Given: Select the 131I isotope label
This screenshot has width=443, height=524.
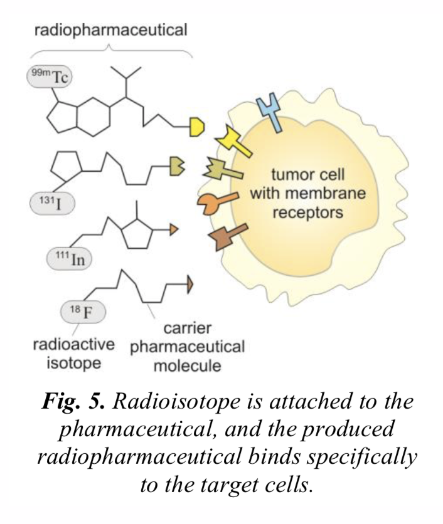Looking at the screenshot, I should (51, 202).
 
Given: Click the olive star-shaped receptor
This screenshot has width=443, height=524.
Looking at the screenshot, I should (220, 169).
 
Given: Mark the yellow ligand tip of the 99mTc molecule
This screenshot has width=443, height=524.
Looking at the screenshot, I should (197, 128).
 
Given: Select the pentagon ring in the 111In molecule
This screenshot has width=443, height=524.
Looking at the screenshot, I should (136, 233).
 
